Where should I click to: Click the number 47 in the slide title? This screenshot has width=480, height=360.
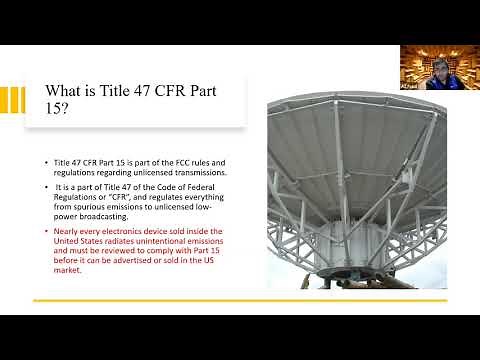(x=142, y=92)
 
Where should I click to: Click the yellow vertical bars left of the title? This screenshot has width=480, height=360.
(x=10, y=101)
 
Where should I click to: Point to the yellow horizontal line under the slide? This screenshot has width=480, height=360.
(x=240, y=300)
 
